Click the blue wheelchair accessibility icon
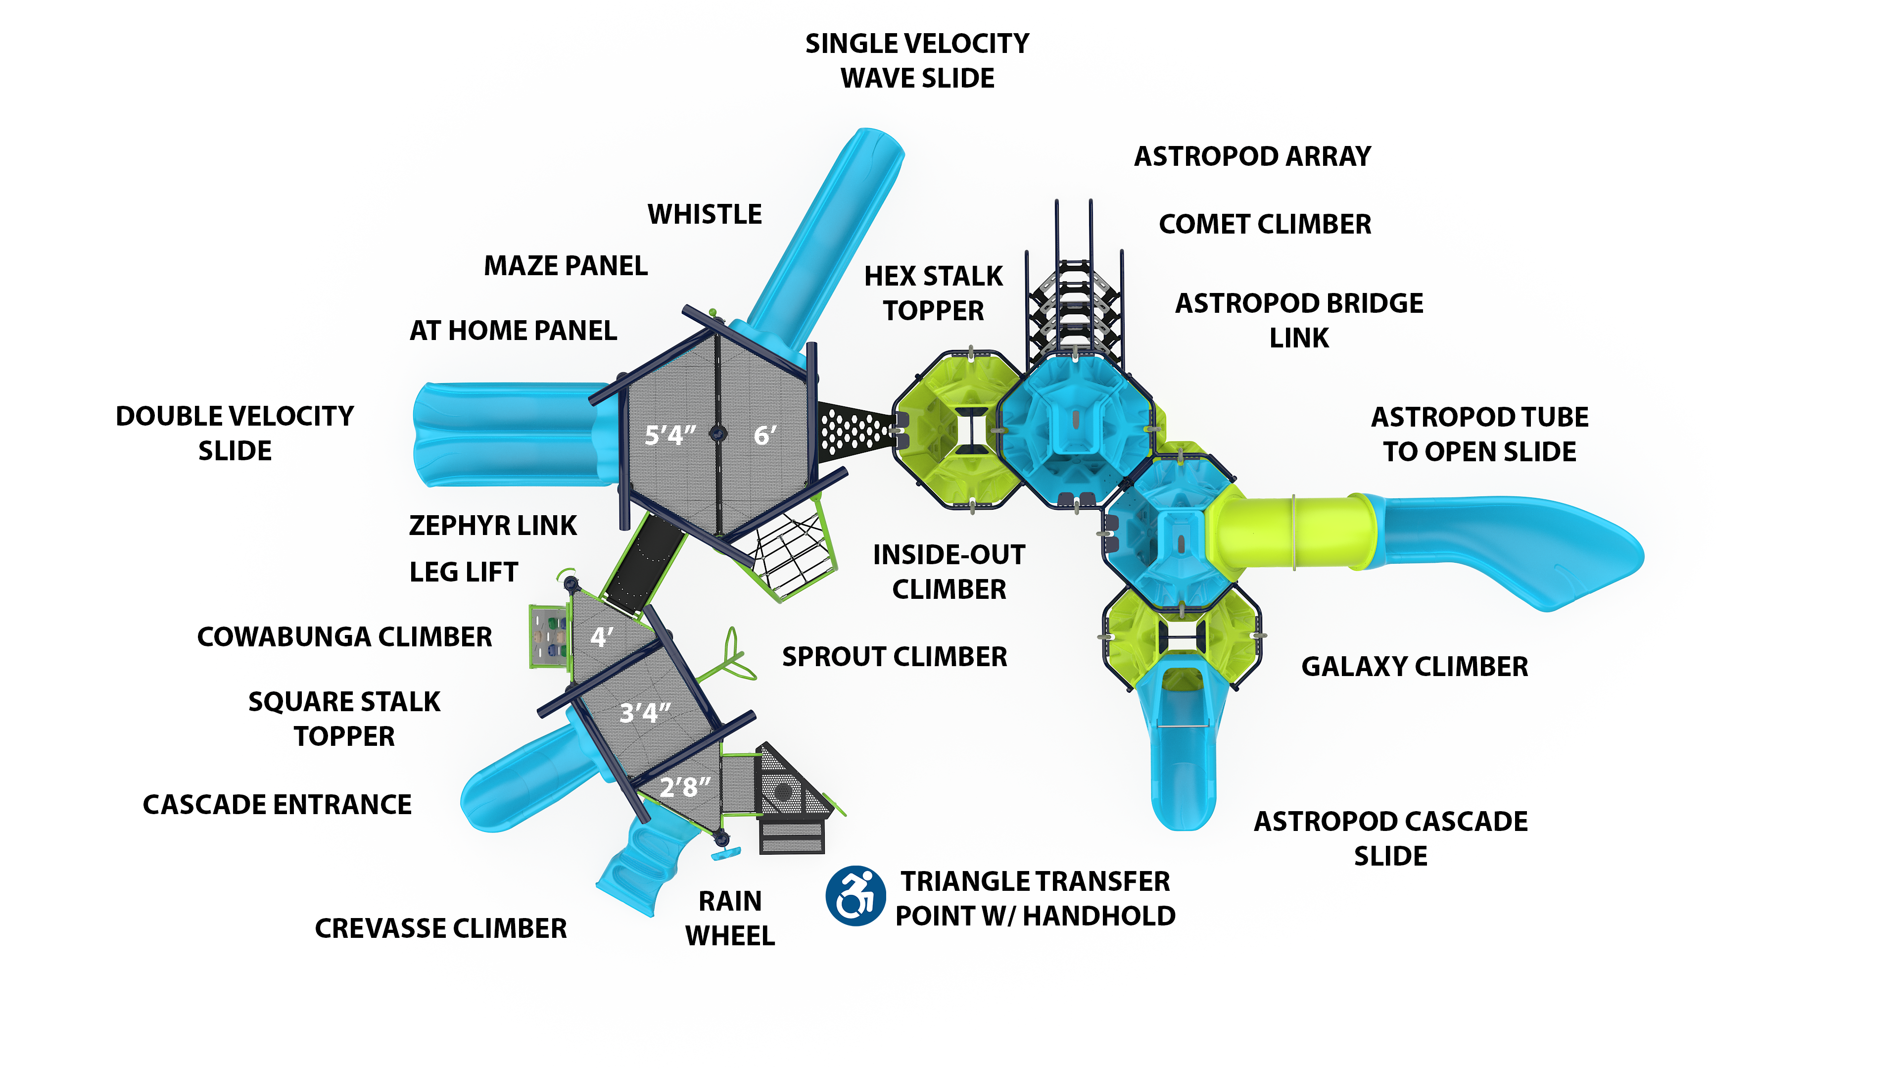tap(855, 896)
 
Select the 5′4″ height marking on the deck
tap(670, 436)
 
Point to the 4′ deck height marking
tap(601, 636)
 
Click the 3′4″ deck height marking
tap(645, 712)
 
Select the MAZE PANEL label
tap(566, 266)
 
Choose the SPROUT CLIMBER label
tap(894, 657)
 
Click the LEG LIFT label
tap(463, 572)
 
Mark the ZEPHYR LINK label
tap(493, 525)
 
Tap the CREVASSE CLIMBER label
tap(440, 928)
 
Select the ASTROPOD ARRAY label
tap(1252, 156)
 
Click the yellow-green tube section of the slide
tap(1298, 531)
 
